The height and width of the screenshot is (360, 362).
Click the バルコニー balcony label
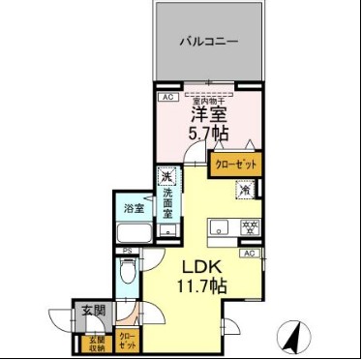[208, 42]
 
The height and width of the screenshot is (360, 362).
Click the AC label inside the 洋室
[166, 98]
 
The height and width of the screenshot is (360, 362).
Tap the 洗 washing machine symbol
[166, 178]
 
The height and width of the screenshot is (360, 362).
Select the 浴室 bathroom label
[133, 208]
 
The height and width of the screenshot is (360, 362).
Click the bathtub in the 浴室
[132, 235]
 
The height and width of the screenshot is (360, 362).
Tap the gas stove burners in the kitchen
[249, 228]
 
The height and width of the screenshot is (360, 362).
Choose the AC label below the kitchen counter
[250, 254]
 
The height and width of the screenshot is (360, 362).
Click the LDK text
[202, 267]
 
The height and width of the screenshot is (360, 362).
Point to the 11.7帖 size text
[202, 286]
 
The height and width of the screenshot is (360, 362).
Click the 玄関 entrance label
[93, 312]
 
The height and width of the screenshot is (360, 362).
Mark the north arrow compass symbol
[289, 338]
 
